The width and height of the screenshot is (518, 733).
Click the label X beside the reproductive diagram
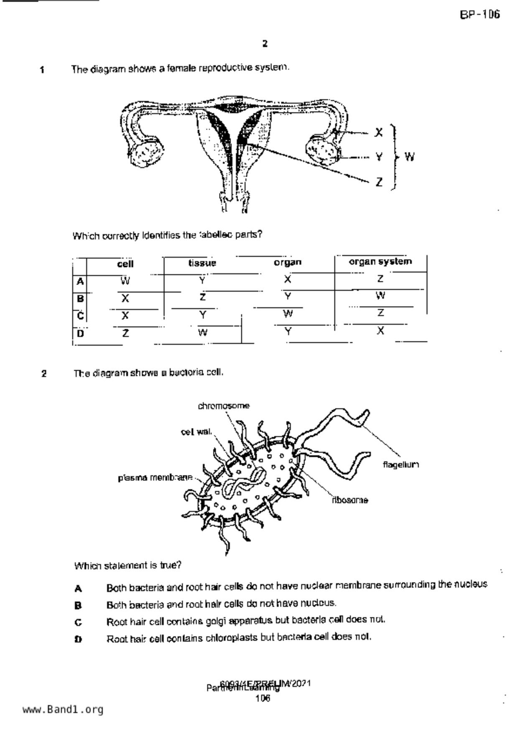click(378, 132)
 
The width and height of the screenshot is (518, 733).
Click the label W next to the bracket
click(409, 157)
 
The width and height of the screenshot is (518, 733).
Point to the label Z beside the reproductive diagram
click(379, 182)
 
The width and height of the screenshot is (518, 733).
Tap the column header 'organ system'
click(380, 262)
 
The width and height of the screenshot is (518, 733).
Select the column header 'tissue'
click(202, 263)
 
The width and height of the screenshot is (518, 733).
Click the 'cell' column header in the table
click(125, 264)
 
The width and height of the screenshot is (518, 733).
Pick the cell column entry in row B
click(125, 298)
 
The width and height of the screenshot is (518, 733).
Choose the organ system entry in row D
click(380, 331)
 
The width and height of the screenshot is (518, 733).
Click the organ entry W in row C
click(288, 313)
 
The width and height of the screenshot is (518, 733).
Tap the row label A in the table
click(80, 281)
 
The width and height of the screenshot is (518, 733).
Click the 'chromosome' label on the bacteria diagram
click(224, 406)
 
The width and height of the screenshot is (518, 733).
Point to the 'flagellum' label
click(401, 465)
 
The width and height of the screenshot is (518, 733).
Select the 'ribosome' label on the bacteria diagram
click(350, 500)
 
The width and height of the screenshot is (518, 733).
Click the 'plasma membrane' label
click(155, 477)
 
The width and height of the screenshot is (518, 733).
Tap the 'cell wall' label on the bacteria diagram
click(196, 432)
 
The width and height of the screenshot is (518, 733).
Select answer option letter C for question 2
click(78, 622)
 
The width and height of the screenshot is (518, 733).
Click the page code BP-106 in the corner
click(480, 15)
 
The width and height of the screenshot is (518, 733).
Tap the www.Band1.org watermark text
click(63, 709)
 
